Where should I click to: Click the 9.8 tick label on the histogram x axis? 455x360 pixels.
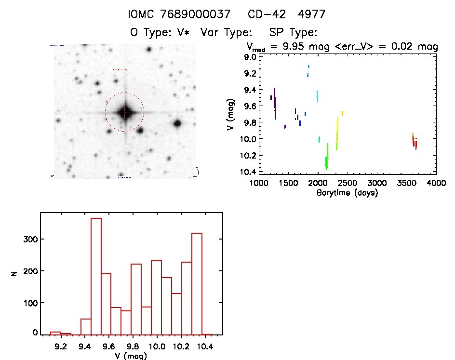point(132,346)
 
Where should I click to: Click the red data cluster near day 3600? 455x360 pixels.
point(414,142)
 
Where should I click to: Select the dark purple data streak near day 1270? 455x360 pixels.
point(275,103)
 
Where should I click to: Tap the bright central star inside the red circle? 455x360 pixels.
point(125,112)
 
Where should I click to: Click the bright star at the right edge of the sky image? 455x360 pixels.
point(177,123)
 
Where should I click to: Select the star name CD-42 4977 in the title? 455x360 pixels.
point(286,14)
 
